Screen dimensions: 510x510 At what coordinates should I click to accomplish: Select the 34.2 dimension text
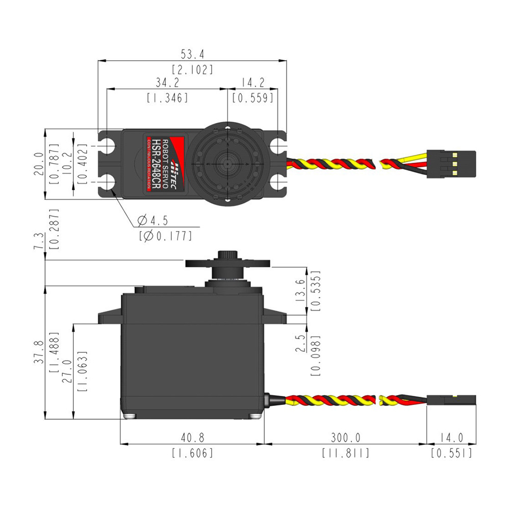pos(167,82)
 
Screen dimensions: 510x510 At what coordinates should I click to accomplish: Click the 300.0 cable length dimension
pos(345,438)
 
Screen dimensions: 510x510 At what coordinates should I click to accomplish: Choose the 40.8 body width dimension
pos(192,438)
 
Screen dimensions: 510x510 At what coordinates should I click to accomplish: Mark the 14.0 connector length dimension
pos(451,438)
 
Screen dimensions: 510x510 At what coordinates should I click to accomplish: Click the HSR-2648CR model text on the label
pos(158,164)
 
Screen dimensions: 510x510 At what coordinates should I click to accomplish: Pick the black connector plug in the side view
pos(451,400)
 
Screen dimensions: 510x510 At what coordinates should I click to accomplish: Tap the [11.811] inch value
pos(345,453)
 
